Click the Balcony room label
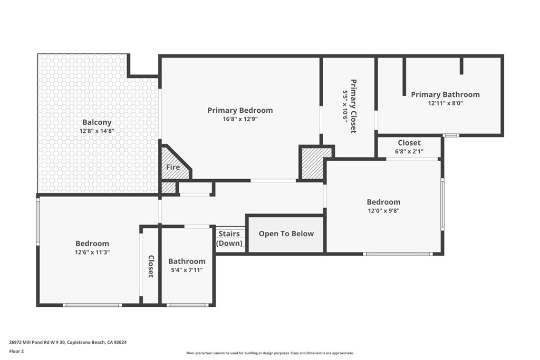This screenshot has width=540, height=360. click(x=97, y=122)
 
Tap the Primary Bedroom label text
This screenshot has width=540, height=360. click(x=240, y=110)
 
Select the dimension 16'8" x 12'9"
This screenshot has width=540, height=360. click(x=240, y=119)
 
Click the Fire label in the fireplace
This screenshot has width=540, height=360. click(x=173, y=167)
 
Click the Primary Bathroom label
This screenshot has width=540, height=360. click(x=445, y=94)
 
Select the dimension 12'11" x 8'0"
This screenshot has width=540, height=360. click(x=445, y=103)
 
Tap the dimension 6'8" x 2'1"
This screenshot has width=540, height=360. click(x=409, y=152)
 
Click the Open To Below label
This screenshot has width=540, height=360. click(x=286, y=233)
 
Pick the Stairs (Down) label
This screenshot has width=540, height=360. click(x=229, y=238)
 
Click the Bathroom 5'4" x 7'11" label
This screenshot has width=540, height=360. click(x=187, y=261)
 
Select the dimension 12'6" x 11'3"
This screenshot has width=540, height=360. click(x=92, y=252)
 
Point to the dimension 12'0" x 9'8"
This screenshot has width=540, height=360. click(x=383, y=211)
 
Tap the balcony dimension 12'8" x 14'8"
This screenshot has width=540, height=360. click(x=97, y=131)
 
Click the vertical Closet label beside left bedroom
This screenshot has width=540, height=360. click(x=151, y=266)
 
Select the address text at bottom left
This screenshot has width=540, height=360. click(x=67, y=342)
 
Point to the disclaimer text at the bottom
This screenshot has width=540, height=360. click(x=269, y=353)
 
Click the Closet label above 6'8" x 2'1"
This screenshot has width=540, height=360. click(x=409, y=143)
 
